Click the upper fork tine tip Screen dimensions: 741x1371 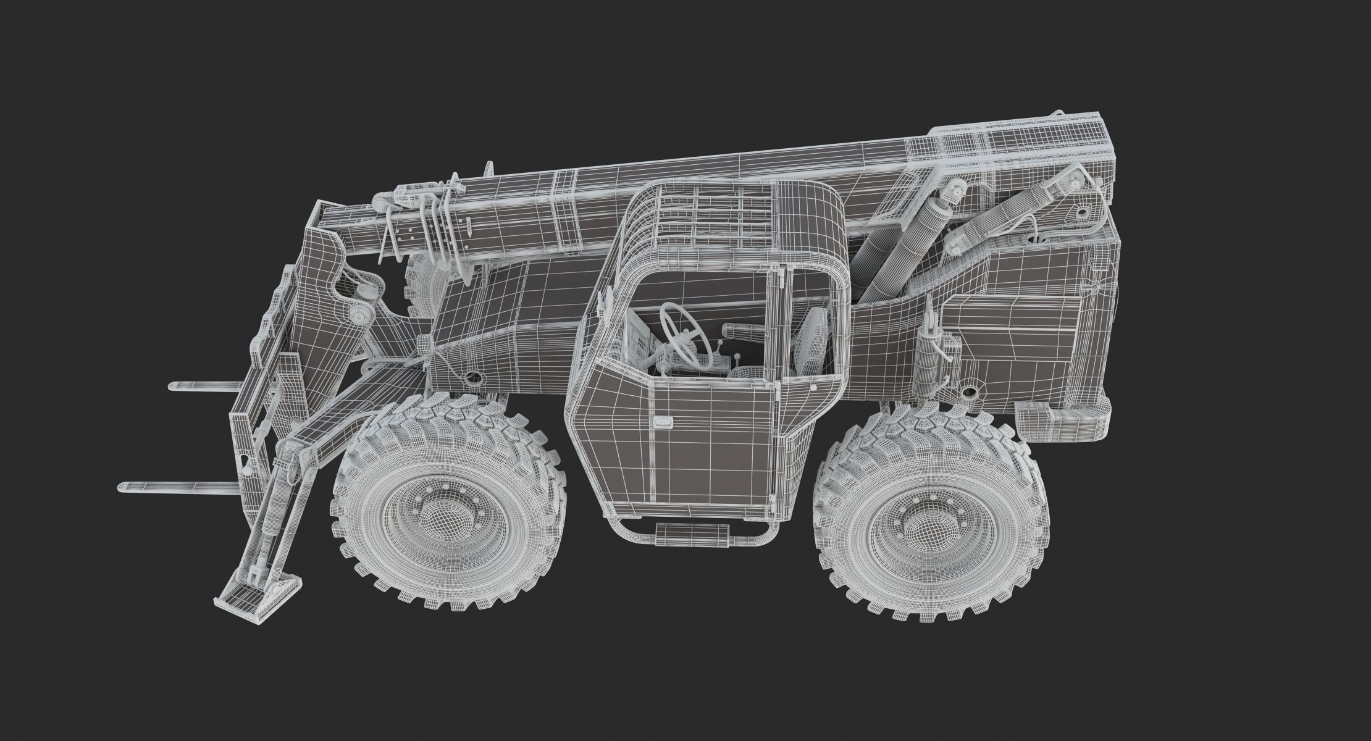coord(174,387)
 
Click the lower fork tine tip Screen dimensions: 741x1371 coord(122,487)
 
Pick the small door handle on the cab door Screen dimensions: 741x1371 coord(662,422)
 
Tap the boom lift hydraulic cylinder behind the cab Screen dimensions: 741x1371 coord(895,247)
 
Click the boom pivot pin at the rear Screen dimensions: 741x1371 coord(1081,213)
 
